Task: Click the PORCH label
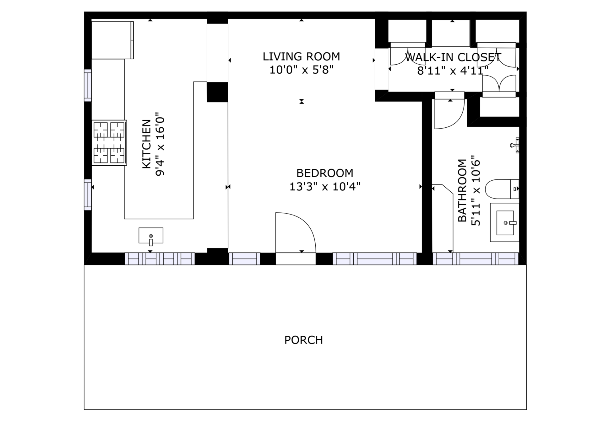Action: tap(303, 340)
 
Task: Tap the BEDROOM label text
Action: tap(325, 173)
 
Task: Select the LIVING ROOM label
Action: tap(301, 57)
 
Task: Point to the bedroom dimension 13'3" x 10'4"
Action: tap(325, 187)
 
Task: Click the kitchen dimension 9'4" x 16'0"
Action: tap(160, 144)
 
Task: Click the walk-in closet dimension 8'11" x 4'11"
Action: tap(453, 71)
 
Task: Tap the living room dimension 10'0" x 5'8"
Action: tap(301, 70)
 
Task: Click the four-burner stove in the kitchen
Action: tap(109, 143)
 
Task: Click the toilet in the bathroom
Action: tap(502, 189)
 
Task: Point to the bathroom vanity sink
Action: tap(505, 222)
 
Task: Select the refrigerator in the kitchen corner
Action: tap(112, 40)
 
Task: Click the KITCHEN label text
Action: tap(147, 144)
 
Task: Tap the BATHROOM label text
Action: tap(462, 190)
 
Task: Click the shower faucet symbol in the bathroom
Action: tap(514, 145)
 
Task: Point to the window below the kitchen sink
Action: tap(160, 259)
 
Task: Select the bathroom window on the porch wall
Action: tap(475, 259)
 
